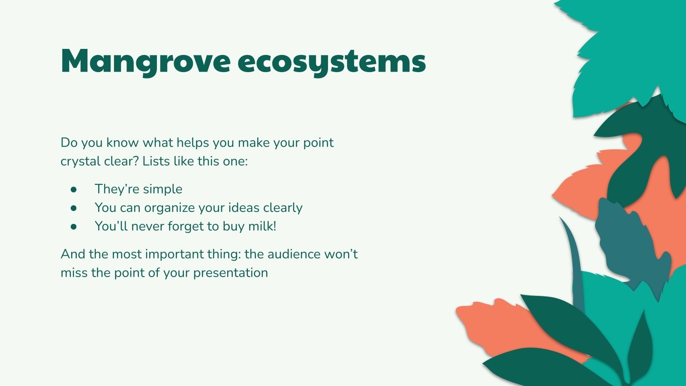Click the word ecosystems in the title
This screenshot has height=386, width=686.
point(331,61)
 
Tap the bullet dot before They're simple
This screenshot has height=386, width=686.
point(74,189)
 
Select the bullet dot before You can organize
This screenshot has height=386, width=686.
point(74,208)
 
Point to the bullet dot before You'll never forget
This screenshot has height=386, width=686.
point(74,226)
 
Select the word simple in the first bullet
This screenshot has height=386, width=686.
point(162,189)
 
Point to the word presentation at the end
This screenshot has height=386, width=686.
point(230,273)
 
